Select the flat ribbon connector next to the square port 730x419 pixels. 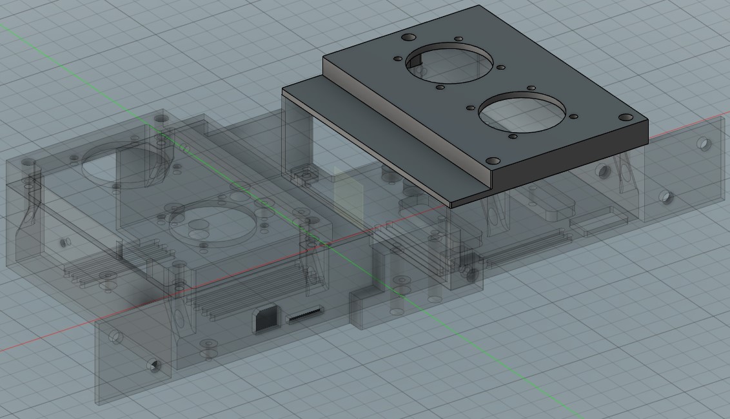[x=305, y=317]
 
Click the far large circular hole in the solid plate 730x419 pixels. [x=449, y=63]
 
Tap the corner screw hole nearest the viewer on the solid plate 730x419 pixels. [x=493, y=161]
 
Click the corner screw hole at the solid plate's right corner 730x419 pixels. [x=626, y=117]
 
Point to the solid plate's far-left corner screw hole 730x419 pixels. [x=408, y=37]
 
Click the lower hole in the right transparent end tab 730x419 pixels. [x=665, y=197]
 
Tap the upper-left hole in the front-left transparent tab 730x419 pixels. [x=115, y=336]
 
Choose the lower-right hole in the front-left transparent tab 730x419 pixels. [x=153, y=365]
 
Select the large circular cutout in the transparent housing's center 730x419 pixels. [x=213, y=220]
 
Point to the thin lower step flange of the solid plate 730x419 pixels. [x=368, y=139]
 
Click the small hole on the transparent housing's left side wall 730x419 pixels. [x=64, y=242]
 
